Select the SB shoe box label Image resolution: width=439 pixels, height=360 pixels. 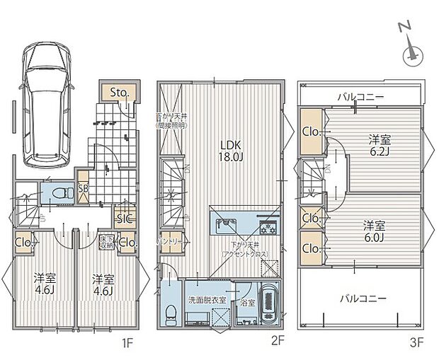[83, 189]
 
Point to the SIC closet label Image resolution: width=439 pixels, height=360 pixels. [124, 219]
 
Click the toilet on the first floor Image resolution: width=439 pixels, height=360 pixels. [59, 193]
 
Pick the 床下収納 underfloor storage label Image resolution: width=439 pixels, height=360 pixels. [106, 242]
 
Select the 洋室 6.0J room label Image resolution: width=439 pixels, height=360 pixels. [375, 230]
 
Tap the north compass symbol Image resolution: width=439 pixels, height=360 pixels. [411, 54]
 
